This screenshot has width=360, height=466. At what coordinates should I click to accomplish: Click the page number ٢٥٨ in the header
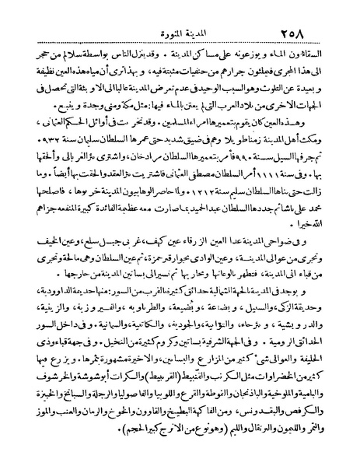[316, 14]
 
